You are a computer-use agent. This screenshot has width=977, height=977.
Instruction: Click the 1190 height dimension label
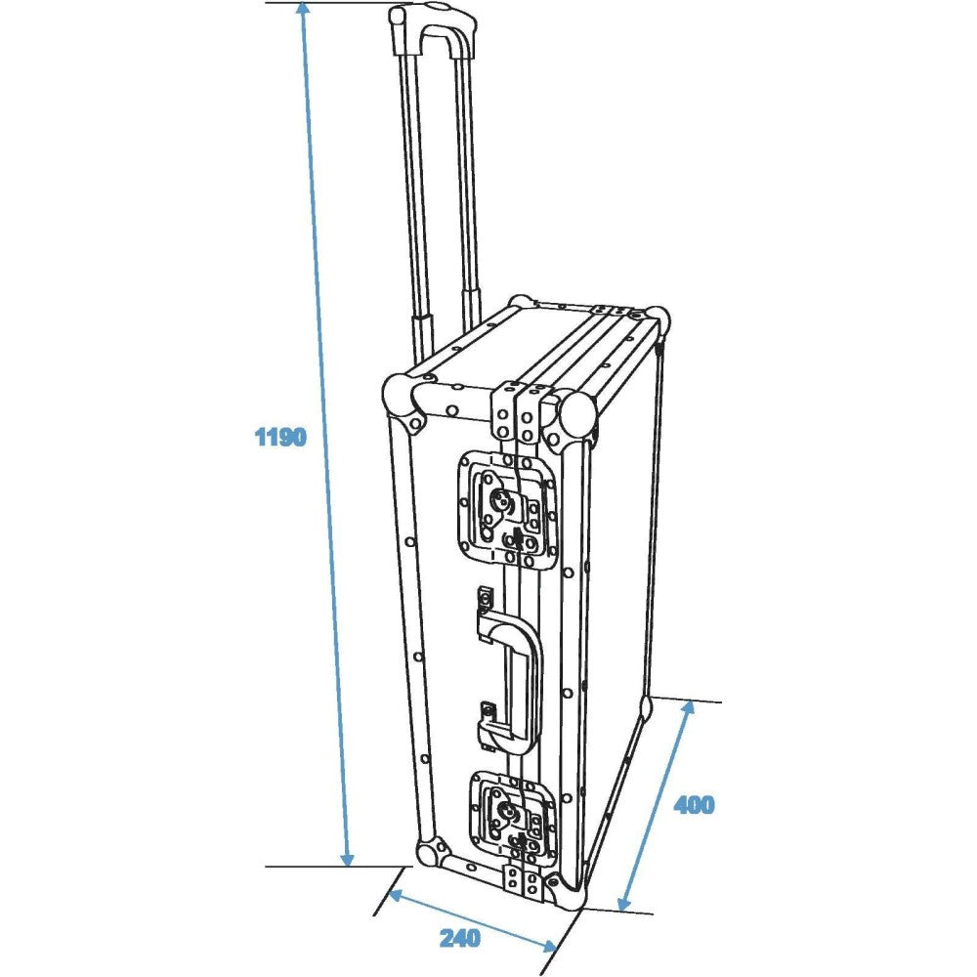[281, 438]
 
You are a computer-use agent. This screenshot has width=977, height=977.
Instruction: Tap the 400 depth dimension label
[694, 805]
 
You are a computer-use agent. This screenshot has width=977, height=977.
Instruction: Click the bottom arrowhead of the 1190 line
[348, 858]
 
